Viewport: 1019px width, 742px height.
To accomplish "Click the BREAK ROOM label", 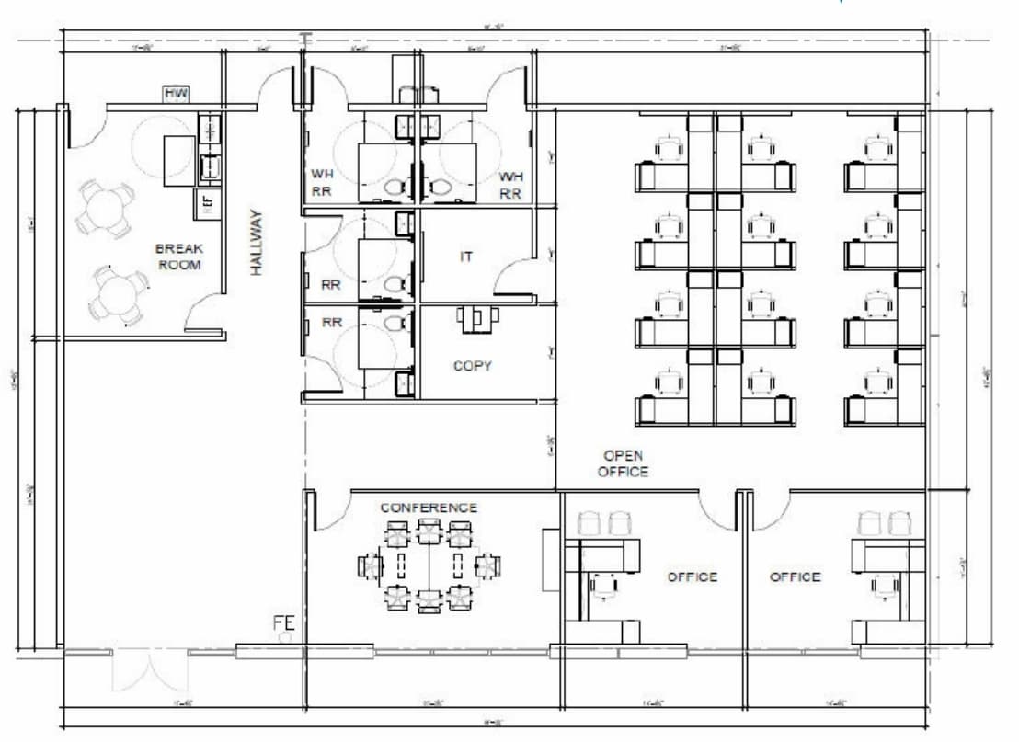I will pyautogui.click(x=179, y=257).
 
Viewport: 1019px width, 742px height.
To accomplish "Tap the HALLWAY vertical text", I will pyautogui.click(x=257, y=243).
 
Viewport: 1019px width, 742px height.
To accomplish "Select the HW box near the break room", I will pyautogui.click(x=176, y=93).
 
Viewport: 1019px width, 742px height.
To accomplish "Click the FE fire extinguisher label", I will pyautogui.click(x=282, y=622).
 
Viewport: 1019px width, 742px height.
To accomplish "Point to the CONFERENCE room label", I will pyautogui.click(x=429, y=508).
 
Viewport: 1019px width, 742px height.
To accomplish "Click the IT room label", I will pyautogui.click(x=465, y=257).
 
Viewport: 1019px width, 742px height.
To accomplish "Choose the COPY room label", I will pyautogui.click(x=472, y=366).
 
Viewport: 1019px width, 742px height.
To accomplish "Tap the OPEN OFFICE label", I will pyautogui.click(x=623, y=463).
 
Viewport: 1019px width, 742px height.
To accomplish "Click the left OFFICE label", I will pyautogui.click(x=692, y=576).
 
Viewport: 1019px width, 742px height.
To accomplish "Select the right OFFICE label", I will pyautogui.click(x=795, y=576).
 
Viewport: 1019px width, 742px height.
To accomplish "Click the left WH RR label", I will pyautogui.click(x=321, y=183).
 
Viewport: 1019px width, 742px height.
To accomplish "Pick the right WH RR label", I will pyautogui.click(x=510, y=184).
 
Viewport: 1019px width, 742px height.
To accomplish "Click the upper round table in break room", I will pyautogui.click(x=105, y=208).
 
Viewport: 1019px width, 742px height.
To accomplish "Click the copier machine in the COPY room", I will pyautogui.click(x=477, y=318).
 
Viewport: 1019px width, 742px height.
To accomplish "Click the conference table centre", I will pyautogui.click(x=429, y=565).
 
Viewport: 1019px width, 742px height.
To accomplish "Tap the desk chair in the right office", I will pyautogui.click(x=884, y=583).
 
